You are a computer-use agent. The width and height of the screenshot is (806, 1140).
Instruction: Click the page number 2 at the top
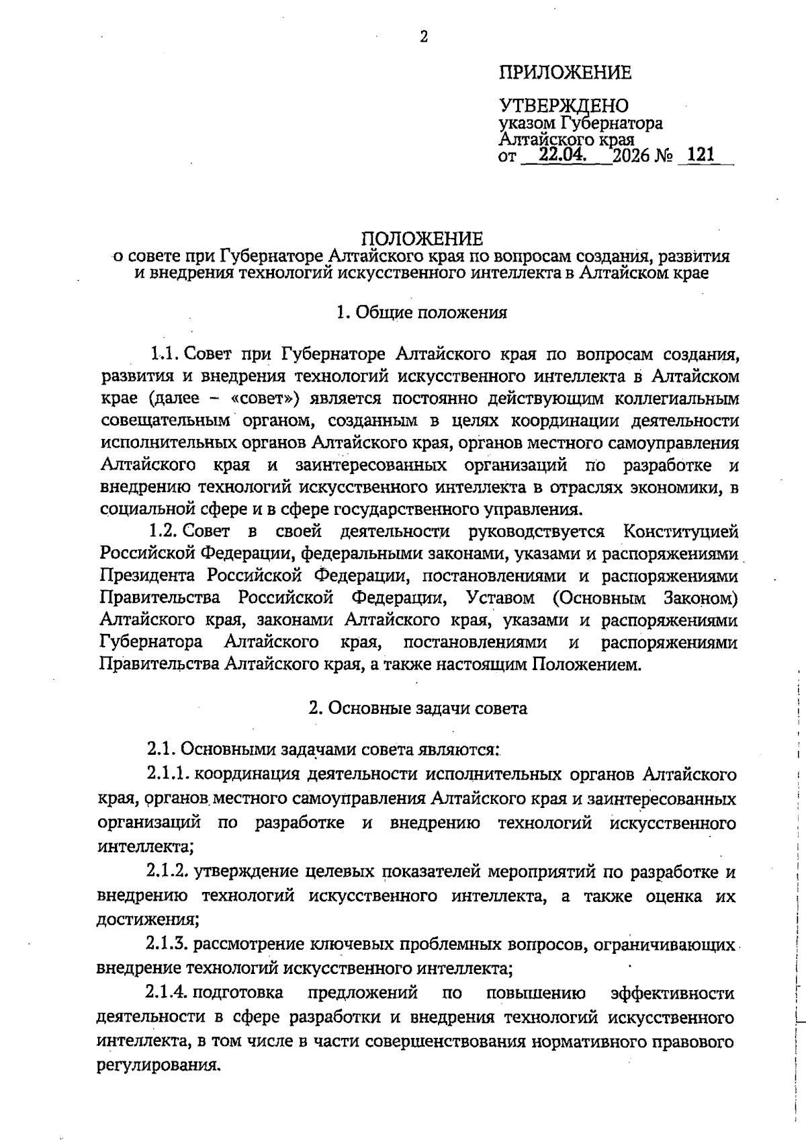(423, 38)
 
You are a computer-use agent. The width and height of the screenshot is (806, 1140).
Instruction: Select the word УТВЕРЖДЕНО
(564, 106)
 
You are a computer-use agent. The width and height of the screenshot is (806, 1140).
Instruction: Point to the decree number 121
(701, 156)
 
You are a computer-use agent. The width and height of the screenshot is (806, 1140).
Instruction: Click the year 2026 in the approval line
(631, 157)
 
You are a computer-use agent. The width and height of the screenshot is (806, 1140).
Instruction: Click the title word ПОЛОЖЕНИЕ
(422, 239)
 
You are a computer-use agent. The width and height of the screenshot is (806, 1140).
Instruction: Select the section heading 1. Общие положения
(421, 313)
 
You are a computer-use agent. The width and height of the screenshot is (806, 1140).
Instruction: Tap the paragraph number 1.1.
(163, 354)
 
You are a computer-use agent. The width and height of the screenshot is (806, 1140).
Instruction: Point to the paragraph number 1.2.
(163, 532)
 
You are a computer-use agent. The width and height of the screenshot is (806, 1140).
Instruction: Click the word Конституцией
(680, 532)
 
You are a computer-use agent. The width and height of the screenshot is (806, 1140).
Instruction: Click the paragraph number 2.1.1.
(168, 774)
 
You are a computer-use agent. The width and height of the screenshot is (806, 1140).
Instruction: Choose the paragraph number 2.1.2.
(168, 872)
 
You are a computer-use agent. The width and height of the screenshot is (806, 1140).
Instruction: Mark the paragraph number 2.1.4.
(167, 993)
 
